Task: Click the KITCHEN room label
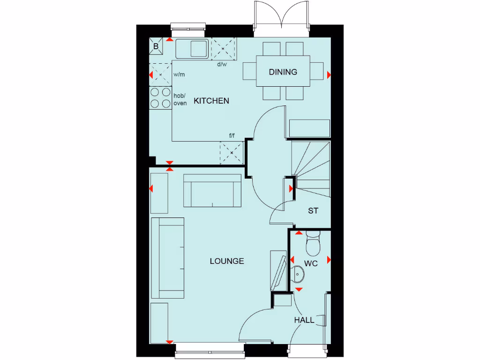211,101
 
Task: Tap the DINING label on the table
283,72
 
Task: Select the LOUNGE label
227,261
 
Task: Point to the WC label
311,264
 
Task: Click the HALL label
304,320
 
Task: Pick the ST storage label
313,211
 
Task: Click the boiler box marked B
156,46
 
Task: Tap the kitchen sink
192,48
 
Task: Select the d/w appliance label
222,65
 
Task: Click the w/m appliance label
179,75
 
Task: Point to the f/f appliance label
232,136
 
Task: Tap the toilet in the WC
312,242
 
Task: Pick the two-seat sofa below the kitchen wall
212,191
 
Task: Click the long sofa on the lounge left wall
169,258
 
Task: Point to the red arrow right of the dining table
329,75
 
